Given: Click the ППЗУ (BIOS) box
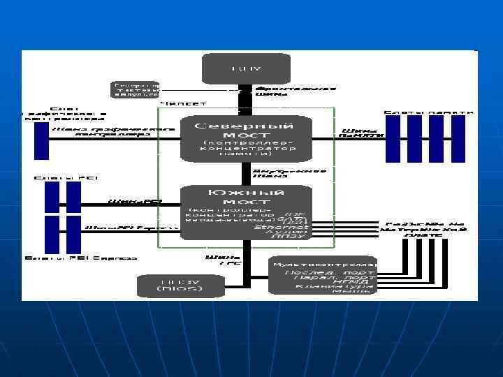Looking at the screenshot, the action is pos(170,284).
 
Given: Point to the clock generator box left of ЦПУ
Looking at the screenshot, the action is pos(135,89).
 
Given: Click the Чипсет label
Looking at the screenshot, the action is pos(183,104).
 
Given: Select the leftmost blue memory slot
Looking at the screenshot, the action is pos(393,139).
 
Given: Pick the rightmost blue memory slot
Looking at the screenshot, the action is pos(458,139).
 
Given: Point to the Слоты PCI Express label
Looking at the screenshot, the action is pos(81,258).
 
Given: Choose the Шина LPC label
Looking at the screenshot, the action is pos(213,260).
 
